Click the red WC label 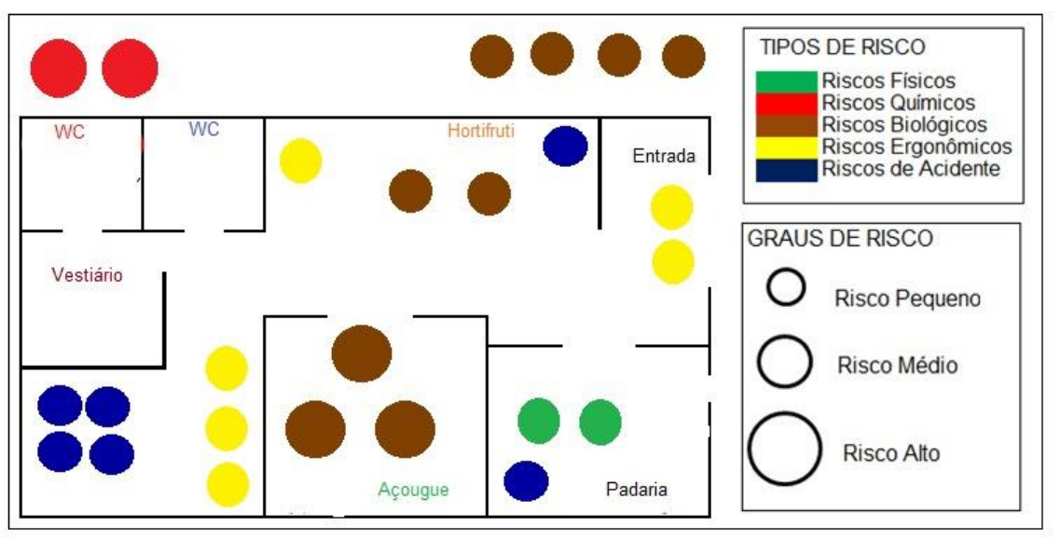69,132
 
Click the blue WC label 204,130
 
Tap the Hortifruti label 481,131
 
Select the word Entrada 664,156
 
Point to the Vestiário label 88,275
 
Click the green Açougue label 414,489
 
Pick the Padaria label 637,490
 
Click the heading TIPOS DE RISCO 842,49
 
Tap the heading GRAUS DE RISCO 839,239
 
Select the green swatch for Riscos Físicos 787,82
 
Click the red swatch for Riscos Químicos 787,103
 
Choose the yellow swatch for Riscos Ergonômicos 787,147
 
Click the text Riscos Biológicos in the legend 904,124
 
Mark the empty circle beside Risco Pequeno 786,287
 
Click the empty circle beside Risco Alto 783,449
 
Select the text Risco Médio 898,365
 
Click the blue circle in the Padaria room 526,480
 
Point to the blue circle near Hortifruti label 565,146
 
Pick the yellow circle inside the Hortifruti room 301,161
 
